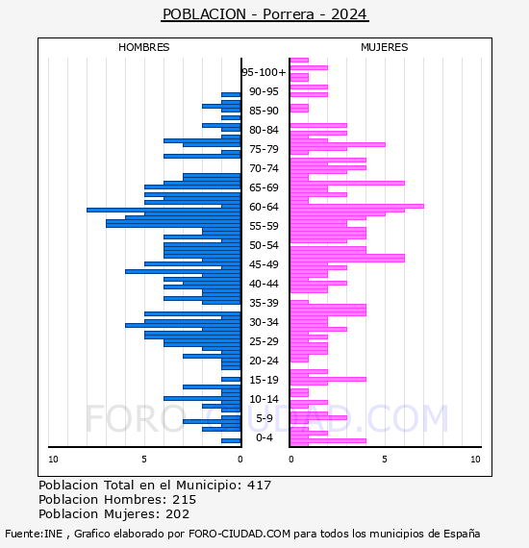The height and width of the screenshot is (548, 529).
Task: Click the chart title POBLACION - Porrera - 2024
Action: pyautogui.click(x=264, y=14)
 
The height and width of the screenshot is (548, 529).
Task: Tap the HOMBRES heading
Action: pyautogui.click(x=143, y=47)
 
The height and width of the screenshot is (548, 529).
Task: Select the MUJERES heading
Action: pyautogui.click(x=385, y=47)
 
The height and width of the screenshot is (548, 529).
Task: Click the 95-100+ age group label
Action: pyautogui.click(x=264, y=72)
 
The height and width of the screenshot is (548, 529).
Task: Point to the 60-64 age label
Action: pyautogui.click(x=264, y=207)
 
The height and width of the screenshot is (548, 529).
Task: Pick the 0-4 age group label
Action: pyautogui.click(x=264, y=437)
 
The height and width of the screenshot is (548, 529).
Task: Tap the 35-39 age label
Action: pyautogui.click(x=264, y=303)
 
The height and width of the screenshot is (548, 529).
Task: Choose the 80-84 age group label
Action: pyautogui.click(x=264, y=130)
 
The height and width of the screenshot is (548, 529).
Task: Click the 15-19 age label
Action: pyautogui.click(x=264, y=380)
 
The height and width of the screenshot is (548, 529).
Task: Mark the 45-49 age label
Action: pyautogui.click(x=264, y=264)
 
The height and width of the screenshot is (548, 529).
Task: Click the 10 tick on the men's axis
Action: pyautogui.click(x=53, y=460)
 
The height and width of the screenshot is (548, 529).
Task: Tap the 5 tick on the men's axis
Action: pyautogui.click(x=144, y=460)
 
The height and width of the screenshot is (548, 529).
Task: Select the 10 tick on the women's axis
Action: pyautogui.click(x=475, y=460)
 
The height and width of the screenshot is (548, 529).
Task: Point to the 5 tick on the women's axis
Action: pyautogui.click(x=385, y=460)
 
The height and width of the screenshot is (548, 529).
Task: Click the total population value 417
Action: pyautogui.click(x=259, y=486)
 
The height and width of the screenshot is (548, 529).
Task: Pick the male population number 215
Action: pyautogui.click(x=185, y=499)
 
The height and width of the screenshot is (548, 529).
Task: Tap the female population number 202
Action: pyautogui.click(x=178, y=513)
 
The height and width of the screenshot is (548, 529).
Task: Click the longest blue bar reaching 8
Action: pyautogui.click(x=164, y=210)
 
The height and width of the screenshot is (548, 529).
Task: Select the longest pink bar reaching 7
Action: pyautogui.click(x=357, y=206)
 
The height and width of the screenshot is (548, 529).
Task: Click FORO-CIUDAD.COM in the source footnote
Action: pyautogui.click(x=239, y=534)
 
